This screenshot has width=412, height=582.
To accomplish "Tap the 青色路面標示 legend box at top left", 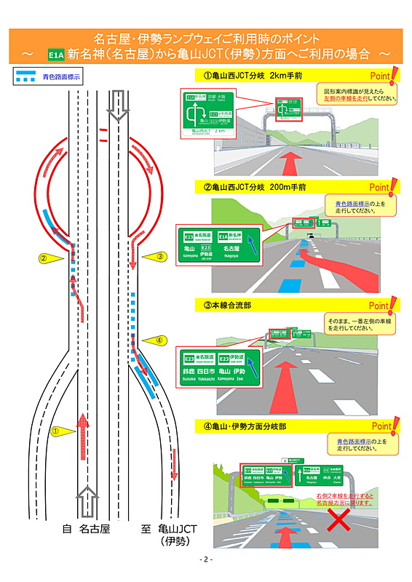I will pyautogui.click(x=48, y=76).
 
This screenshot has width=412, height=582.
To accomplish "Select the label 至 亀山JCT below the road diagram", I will pyautogui.click(x=169, y=535).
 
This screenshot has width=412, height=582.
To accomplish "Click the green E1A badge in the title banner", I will pyautogui.click(x=55, y=54).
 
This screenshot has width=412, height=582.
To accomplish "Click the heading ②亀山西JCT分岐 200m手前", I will pyautogui.click(x=255, y=187).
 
